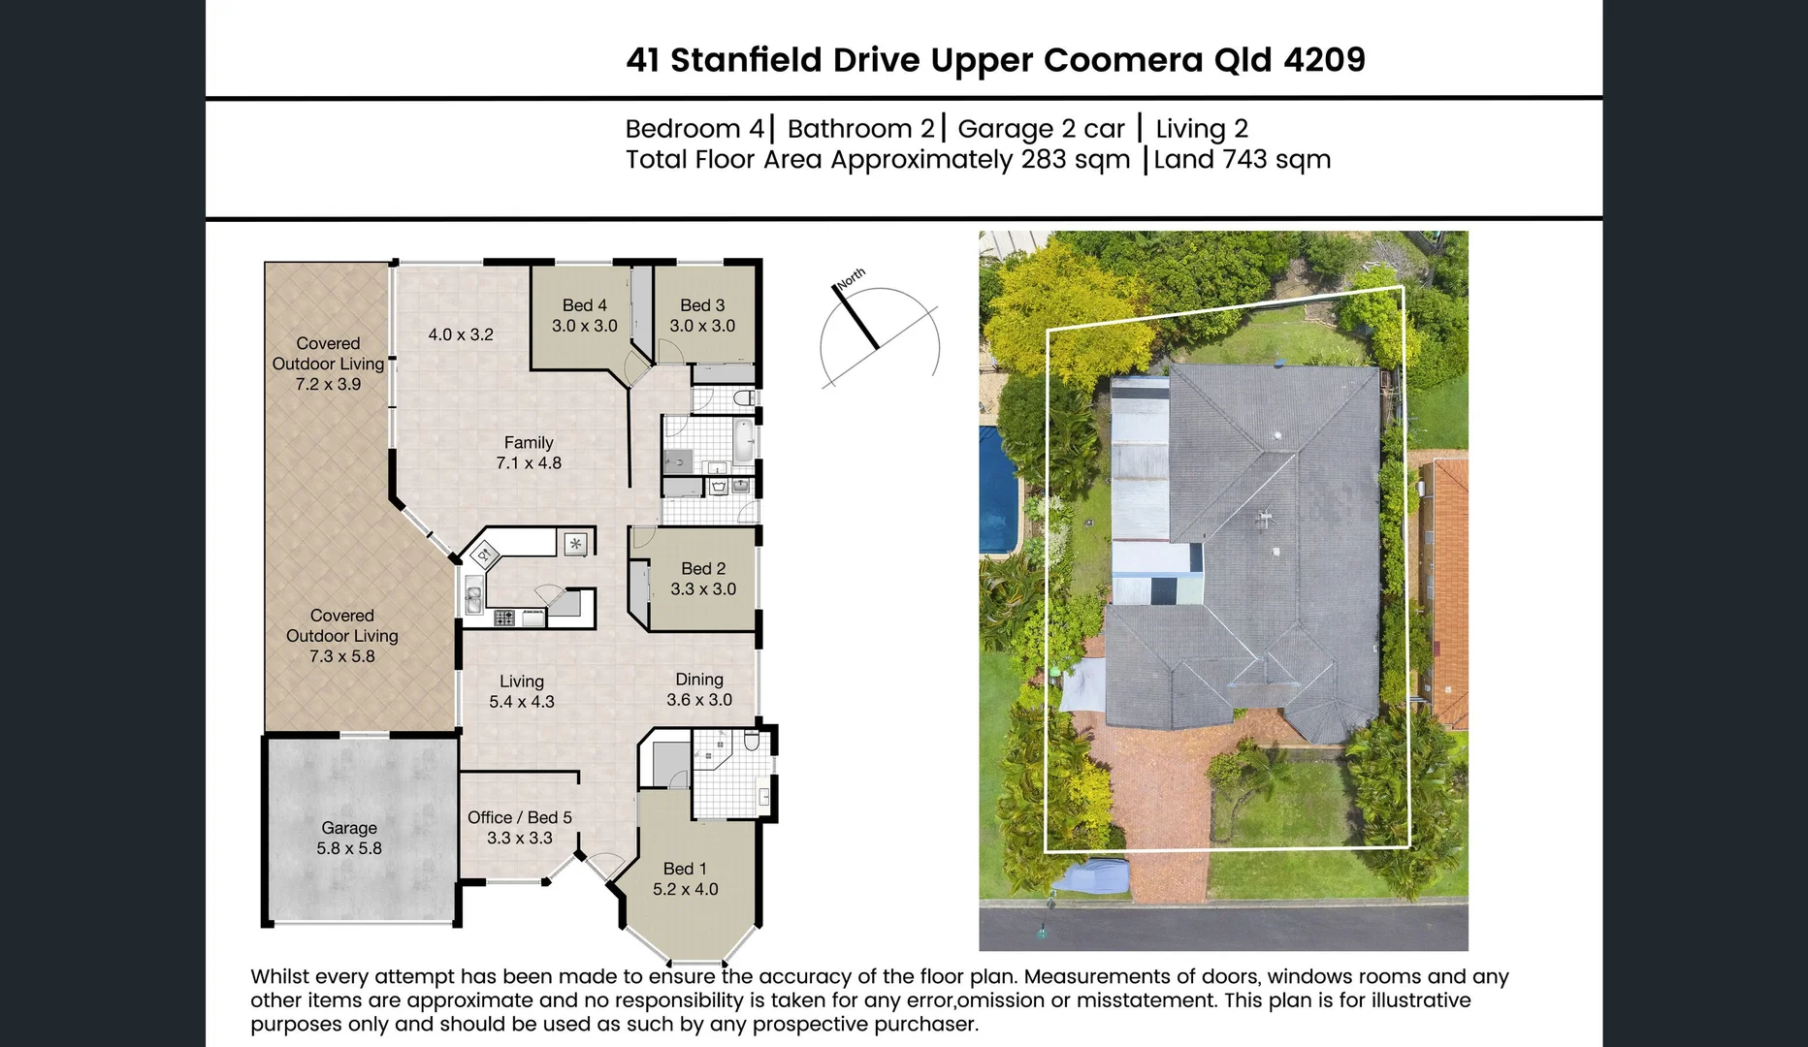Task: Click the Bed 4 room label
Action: point(584,305)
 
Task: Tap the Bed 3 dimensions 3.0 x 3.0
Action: point(702,327)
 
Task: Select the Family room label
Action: point(529,443)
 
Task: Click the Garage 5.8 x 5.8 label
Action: point(349,839)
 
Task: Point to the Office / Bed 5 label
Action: point(520,818)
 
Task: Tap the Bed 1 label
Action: point(685,870)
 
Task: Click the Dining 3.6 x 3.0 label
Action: point(699,689)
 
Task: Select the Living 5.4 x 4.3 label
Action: point(522,691)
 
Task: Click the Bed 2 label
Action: point(703,569)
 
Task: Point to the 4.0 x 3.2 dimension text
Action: point(461,335)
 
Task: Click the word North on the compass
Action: point(851,278)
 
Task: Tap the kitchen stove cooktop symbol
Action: point(504,618)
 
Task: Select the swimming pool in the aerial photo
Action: point(997,490)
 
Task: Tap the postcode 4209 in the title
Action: point(1324,60)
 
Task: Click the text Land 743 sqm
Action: point(1243,160)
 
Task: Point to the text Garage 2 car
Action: point(1041,129)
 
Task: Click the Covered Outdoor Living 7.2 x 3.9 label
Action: point(328,364)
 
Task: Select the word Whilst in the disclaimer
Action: point(279,977)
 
